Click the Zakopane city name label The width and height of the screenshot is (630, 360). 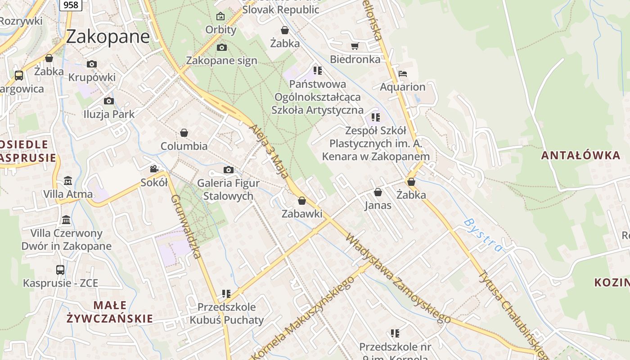pyautogui.click(x=108, y=36)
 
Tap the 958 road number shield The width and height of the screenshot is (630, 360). pyautogui.click(x=71, y=5)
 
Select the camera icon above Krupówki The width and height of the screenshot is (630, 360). pyautogui.click(x=92, y=64)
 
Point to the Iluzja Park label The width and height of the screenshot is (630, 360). pyautogui.click(x=109, y=114)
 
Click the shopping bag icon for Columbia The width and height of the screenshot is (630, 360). pyautogui.click(x=184, y=133)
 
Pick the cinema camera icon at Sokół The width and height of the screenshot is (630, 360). pyautogui.click(x=154, y=169)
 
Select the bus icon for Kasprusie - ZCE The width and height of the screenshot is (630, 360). pyautogui.click(x=60, y=270)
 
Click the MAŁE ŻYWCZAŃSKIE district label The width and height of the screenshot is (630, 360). pyautogui.click(x=110, y=312)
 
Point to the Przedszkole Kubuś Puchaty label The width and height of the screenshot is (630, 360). pyautogui.click(x=226, y=314)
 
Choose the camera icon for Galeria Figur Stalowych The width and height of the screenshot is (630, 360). pyautogui.click(x=229, y=170)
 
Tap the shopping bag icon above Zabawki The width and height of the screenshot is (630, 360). pyautogui.click(x=302, y=201)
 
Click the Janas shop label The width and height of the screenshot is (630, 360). pyautogui.click(x=378, y=206)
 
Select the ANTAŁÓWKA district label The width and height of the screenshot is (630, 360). pyautogui.click(x=580, y=156)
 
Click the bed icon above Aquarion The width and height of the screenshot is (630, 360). pyautogui.click(x=403, y=74)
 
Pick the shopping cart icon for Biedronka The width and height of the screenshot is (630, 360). pyautogui.click(x=355, y=46)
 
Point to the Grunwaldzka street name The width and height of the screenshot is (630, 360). pyautogui.click(x=185, y=226)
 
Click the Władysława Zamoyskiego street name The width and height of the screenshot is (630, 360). pyautogui.click(x=398, y=278)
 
